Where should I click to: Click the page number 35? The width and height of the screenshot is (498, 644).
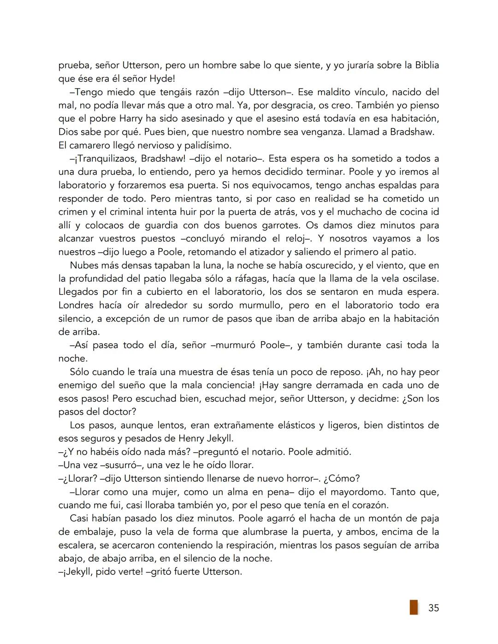[433, 608]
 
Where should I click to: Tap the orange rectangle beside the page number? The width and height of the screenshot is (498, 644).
[414, 607]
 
